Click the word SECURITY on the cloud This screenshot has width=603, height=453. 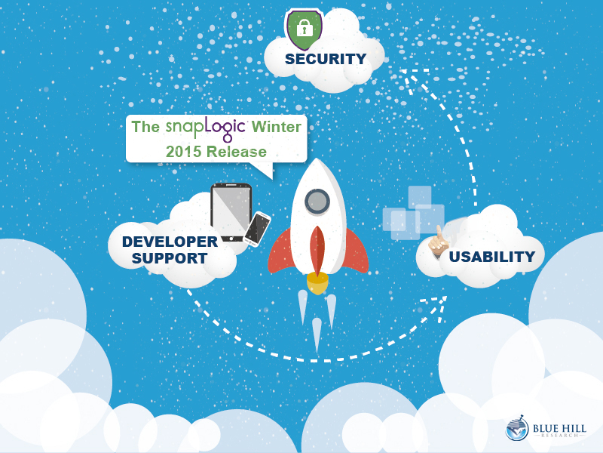coord(326,59)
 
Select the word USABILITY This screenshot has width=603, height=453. coord(492,257)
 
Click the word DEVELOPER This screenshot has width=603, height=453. coord(170,242)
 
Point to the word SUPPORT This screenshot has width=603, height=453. coord(170,258)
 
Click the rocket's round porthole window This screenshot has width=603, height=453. coord(317,202)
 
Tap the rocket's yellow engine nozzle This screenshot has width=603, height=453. coord(317,282)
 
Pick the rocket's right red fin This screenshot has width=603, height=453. coord(357,251)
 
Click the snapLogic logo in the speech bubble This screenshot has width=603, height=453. coord(205,128)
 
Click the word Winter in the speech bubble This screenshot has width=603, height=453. coord(276,127)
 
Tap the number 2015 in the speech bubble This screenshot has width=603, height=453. coord(183,152)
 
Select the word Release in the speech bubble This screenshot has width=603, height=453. coord(236,152)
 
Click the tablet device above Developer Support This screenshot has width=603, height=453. coord(231,212)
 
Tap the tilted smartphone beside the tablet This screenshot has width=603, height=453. coord(257,229)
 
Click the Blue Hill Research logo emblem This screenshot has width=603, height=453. coord(517,428)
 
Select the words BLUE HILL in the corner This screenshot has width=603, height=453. coord(559,428)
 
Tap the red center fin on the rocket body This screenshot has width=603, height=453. coord(317,251)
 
